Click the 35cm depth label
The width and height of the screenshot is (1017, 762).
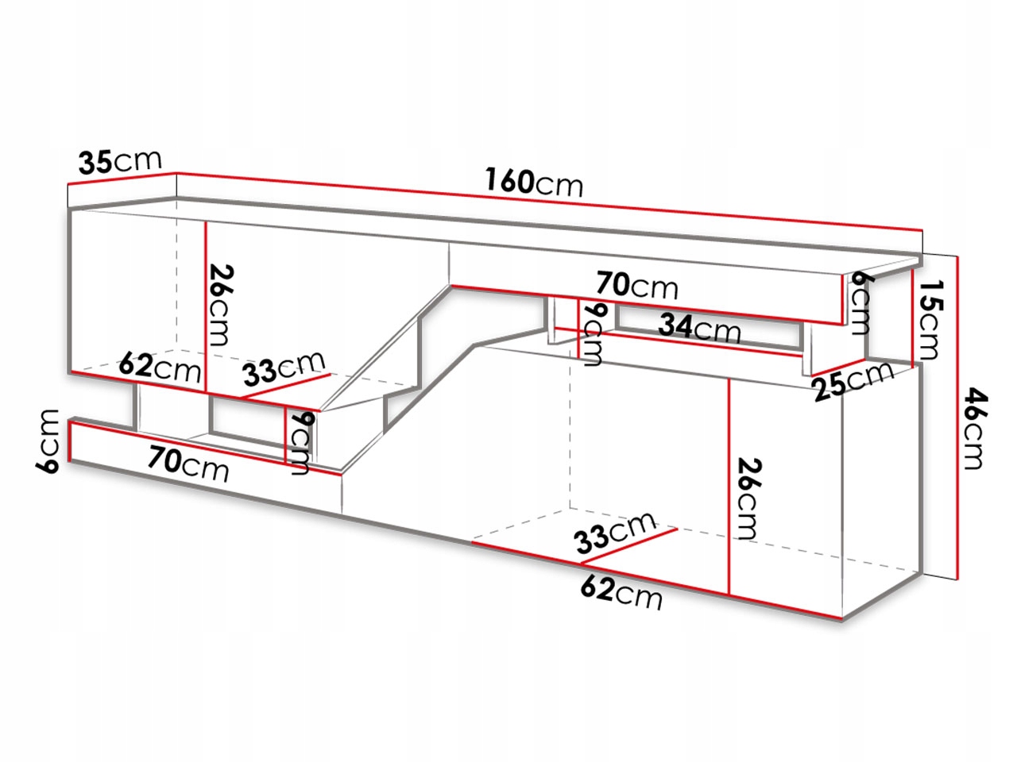(120, 161)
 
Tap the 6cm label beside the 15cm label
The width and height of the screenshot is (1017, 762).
(860, 302)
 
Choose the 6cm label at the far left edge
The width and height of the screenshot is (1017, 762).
(49, 441)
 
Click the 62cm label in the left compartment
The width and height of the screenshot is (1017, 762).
(159, 368)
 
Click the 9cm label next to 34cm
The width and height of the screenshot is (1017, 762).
(592, 333)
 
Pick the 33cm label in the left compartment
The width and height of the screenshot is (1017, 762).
(284, 368)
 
